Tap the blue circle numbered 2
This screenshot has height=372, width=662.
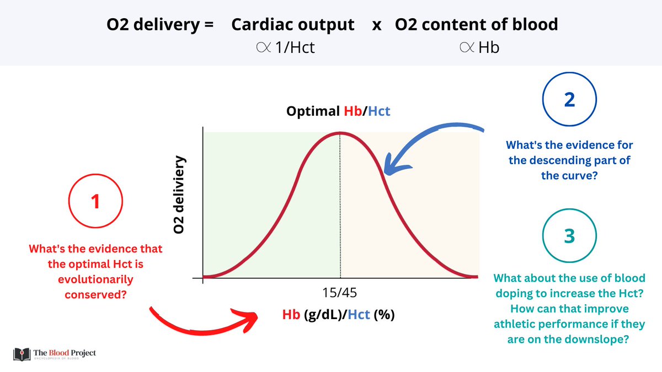pos(569,100)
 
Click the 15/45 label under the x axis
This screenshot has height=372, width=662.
pos(340,292)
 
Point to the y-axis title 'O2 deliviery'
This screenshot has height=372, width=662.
pos(179,196)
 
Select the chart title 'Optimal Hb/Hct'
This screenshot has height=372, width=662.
pos(338,111)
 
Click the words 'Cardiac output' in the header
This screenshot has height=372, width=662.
pos(292,25)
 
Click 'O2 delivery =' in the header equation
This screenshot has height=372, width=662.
pos(159,25)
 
